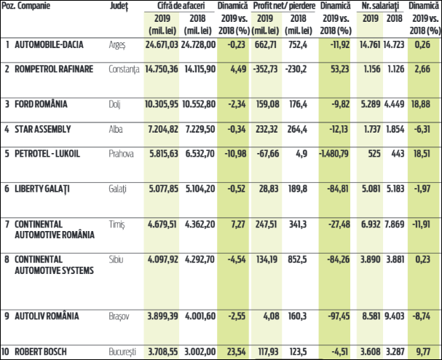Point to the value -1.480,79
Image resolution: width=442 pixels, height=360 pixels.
tap(336, 154)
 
